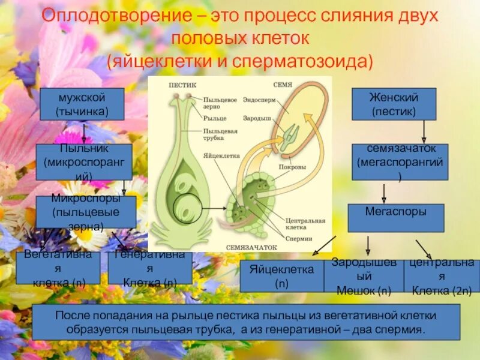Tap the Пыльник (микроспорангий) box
(x=83, y=162)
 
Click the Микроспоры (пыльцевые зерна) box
(x=85, y=212)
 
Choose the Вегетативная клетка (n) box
(x=58, y=268)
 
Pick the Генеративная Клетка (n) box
(x=149, y=268)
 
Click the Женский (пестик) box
(x=394, y=104)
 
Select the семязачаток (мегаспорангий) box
(x=400, y=162)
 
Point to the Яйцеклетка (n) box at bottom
(x=281, y=276)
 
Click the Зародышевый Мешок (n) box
(x=364, y=276)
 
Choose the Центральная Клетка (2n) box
(x=442, y=276)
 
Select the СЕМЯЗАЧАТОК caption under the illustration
(x=252, y=247)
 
